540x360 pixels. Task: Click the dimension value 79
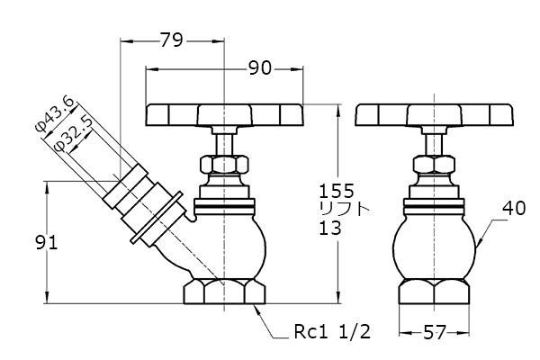(x=172, y=40)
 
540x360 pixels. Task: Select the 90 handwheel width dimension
(x=260, y=68)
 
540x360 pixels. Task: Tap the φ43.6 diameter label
(x=55, y=114)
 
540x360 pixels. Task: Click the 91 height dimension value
(x=47, y=243)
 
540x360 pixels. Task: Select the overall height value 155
(x=337, y=191)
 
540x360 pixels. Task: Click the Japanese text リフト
(x=345, y=209)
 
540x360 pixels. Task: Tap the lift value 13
(x=330, y=228)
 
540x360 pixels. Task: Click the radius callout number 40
(x=514, y=209)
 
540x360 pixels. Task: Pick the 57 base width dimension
(x=435, y=332)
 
